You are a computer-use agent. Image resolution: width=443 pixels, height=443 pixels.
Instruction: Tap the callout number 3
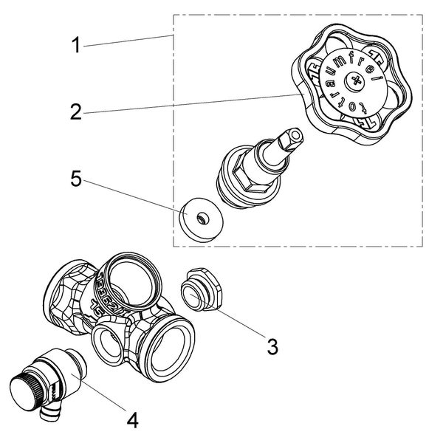point(272,346)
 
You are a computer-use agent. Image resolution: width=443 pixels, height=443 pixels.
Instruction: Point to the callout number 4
point(133,421)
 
